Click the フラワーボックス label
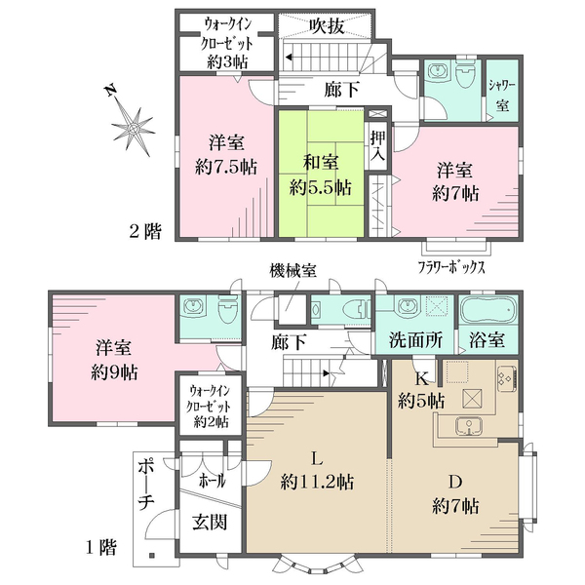[x=451, y=265]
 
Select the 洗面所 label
[x=415, y=342]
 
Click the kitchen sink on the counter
[x=469, y=424]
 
